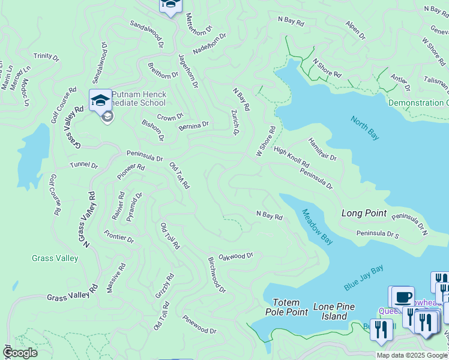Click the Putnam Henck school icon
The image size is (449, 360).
coord(100,100)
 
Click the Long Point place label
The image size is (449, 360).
coord(364,213)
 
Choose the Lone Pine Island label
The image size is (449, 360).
coord(334,311)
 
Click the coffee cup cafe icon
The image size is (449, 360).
coord(403,296)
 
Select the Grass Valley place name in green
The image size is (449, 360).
coord(55,258)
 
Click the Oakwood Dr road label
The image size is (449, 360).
coord(235,256)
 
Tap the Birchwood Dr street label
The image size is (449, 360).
coord(217,275)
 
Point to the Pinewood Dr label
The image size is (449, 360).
coord(199,325)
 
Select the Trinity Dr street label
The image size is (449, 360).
coord(46,56)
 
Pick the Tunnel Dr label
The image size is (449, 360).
coord(83,164)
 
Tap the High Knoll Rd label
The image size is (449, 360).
coord(291,157)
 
